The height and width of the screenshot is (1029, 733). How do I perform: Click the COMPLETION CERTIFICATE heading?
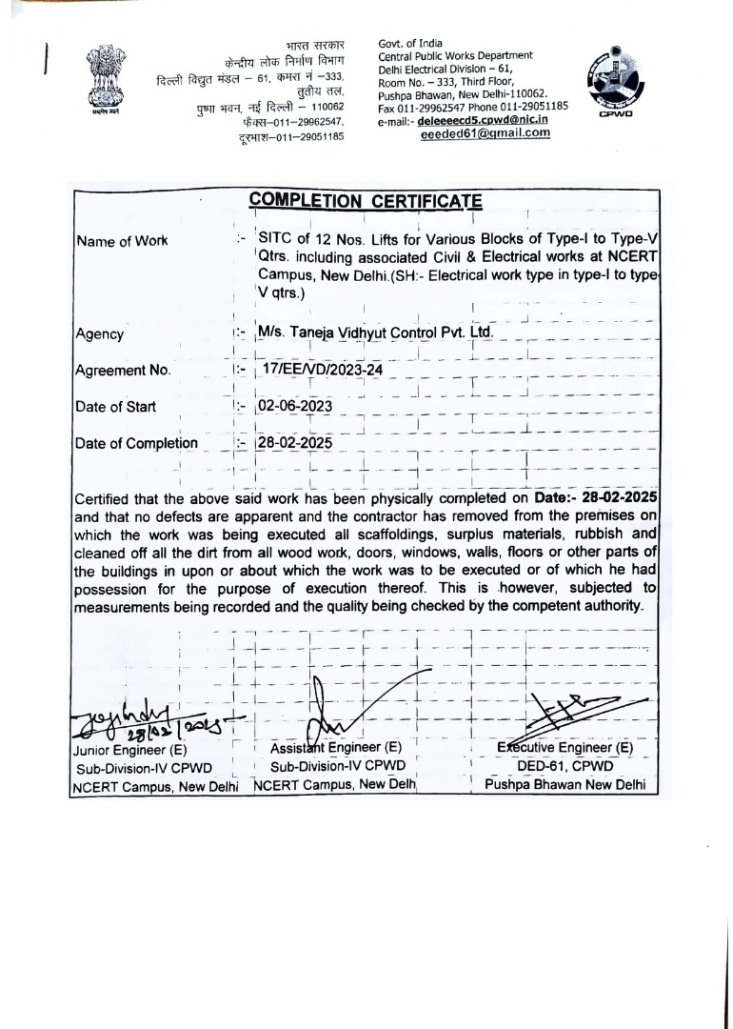pos(366,201)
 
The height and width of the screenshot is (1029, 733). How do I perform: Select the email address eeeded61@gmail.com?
pos(485,133)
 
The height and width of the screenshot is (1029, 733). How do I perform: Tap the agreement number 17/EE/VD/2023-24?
pos(321,369)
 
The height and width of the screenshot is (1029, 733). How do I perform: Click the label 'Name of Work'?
pos(121,241)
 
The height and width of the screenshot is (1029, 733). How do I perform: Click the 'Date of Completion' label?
pos(136,443)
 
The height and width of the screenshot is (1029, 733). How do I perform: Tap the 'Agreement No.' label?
pos(122,371)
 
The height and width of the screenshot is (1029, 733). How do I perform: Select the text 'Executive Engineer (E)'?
pos(565,748)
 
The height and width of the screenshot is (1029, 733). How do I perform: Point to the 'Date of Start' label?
pos(115,407)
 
